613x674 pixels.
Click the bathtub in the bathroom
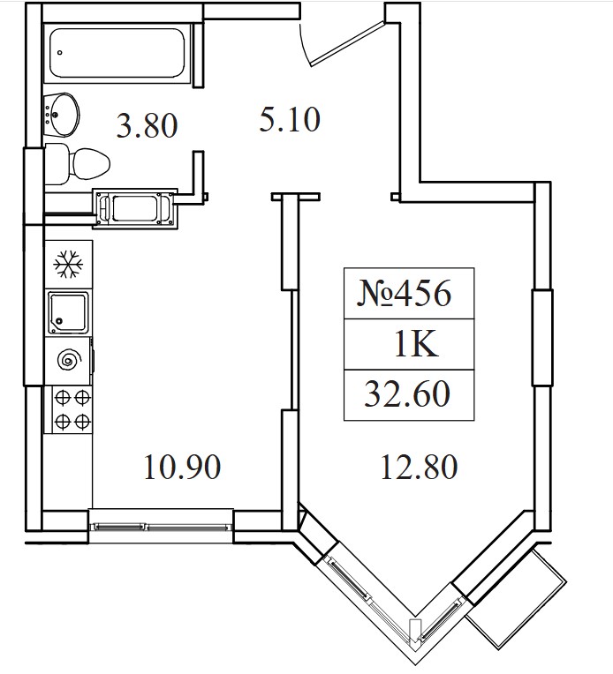click(x=118, y=53)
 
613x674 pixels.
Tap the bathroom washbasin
click(x=62, y=115)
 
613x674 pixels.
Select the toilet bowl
click(x=77, y=164)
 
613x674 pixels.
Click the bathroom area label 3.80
click(x=147, y=125)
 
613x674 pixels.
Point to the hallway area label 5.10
click(x=290, y=119)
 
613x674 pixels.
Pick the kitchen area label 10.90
click(x=183, y=467)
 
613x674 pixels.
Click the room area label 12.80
click(x=419, y=467)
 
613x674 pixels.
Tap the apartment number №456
click(x=405, y=294)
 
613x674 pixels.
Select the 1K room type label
click(x=416, y=344)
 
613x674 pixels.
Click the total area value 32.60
click(x=407, y=394)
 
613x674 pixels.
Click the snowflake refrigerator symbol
click(x=68, y=264)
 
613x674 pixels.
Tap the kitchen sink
click(x=68, y=312)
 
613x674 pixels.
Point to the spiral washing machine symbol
click(x=69, y=359)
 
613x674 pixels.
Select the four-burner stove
click(x=72, y=409)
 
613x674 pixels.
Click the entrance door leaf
click(x=347, y=44)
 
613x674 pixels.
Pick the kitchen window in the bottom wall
click(x=161, y=527)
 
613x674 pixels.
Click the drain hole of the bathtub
click(x=60, y=52)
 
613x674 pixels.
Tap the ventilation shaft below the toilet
click(x=135, y=209)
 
